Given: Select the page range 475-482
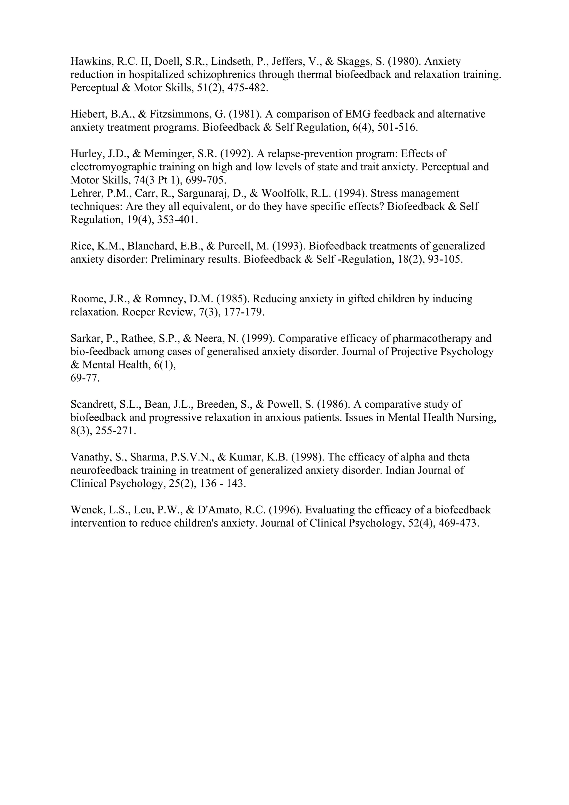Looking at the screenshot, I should tap(248, 88).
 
